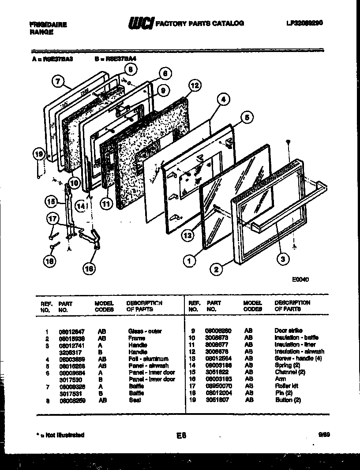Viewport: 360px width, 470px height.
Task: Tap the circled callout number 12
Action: [x=194, y=85]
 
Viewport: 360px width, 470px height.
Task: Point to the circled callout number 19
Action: [x=39, y=154]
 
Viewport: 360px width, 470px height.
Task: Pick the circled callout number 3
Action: [x=283, y=259]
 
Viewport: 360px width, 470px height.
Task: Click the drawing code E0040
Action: [x=300, y=279]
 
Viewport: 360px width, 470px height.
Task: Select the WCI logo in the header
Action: [x=140, y=23]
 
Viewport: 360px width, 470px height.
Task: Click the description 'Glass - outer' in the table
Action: [x=145, y=331]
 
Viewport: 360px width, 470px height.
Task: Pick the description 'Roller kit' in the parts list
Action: [x=286, y=386]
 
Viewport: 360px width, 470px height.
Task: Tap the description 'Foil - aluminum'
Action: [x=148, y=359]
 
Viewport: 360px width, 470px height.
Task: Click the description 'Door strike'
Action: [x=289, y=331]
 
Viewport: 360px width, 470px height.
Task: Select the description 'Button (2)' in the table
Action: [x=288, y=400]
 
